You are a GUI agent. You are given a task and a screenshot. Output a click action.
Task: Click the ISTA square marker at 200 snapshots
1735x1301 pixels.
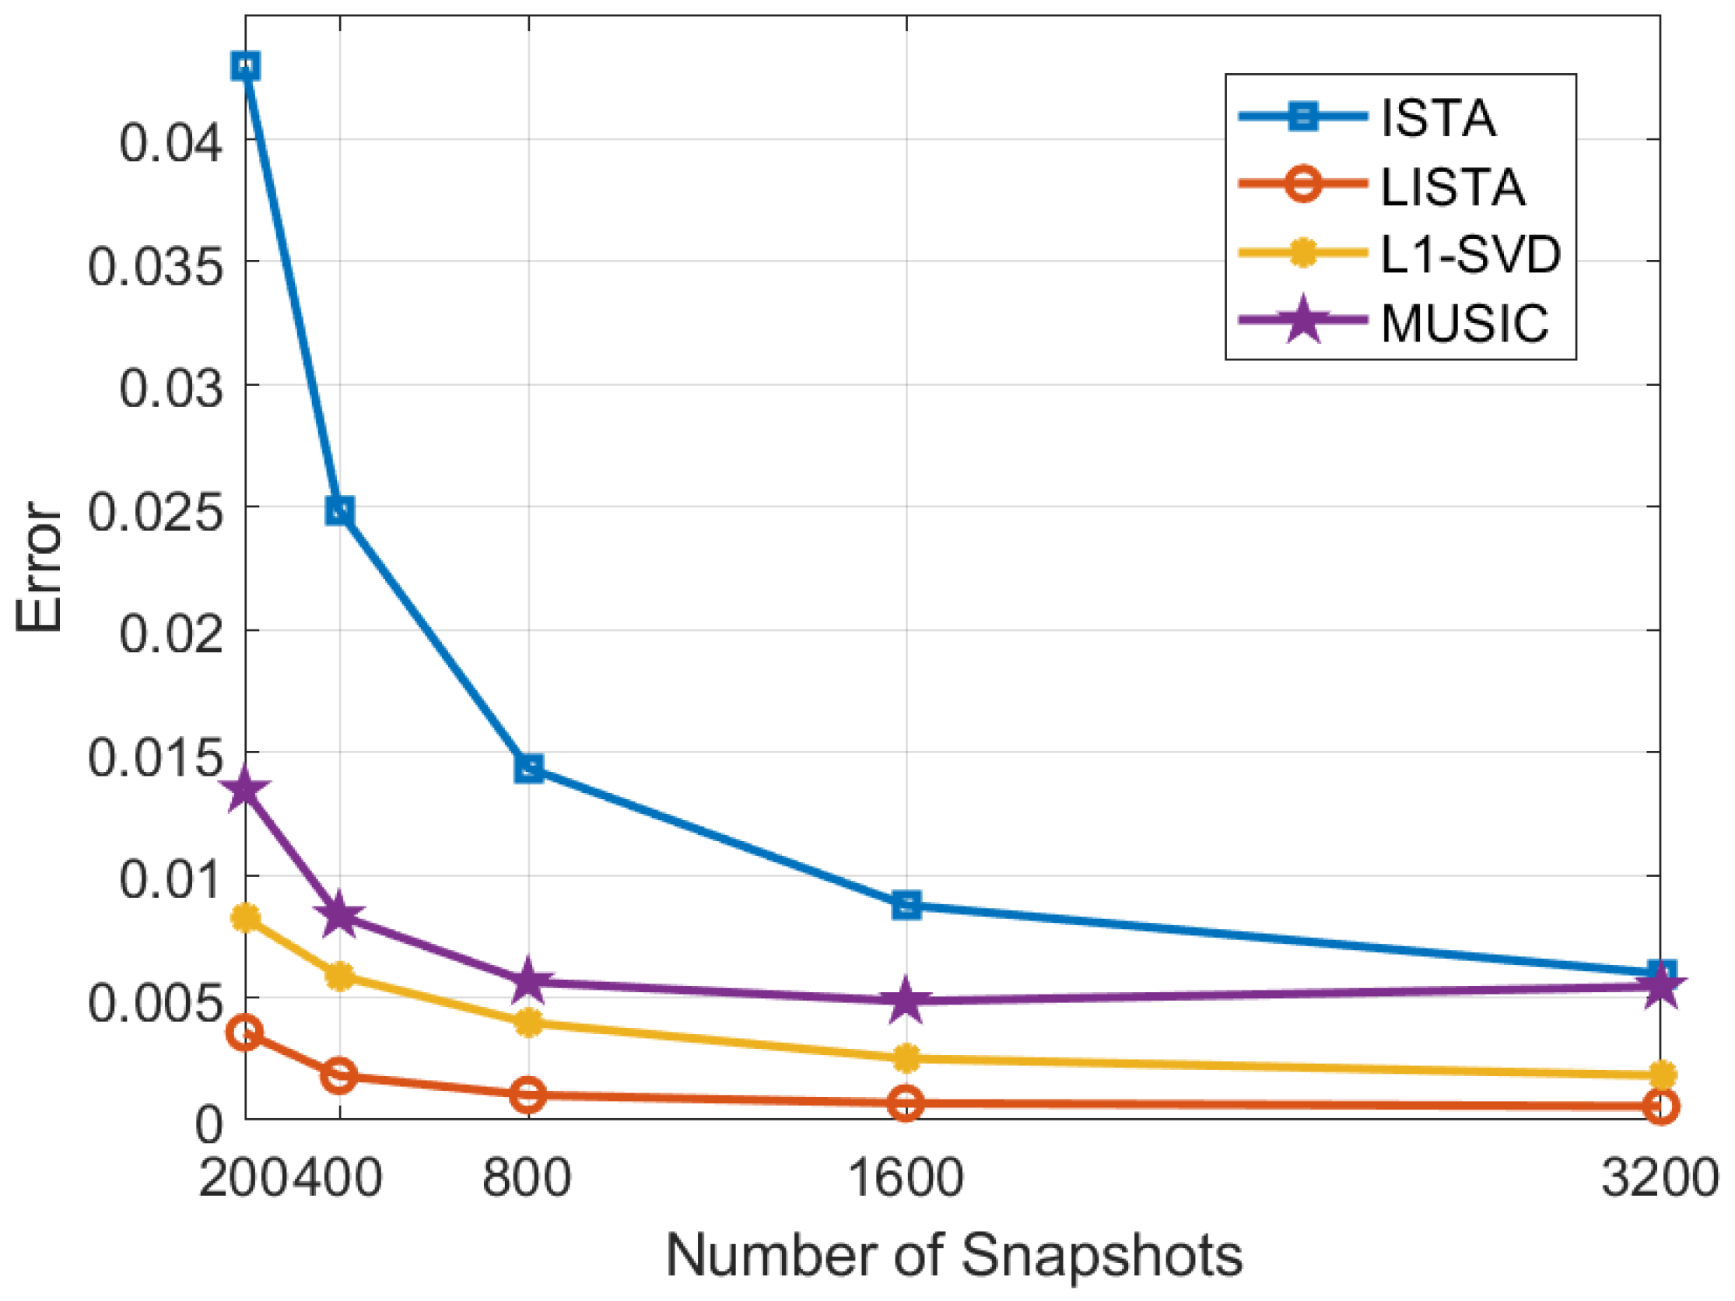[246, 67]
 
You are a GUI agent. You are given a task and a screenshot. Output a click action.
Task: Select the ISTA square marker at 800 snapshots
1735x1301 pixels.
[528, 768]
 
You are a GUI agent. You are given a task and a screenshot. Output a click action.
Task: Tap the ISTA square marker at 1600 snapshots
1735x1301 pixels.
[906, 905]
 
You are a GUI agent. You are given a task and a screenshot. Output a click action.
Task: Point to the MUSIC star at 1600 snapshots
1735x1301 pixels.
[906, 1000]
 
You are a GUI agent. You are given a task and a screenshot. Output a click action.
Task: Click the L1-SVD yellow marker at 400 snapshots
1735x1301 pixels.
[339, 977]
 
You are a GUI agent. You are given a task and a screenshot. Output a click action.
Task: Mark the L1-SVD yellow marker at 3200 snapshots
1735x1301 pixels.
[1660, 1075]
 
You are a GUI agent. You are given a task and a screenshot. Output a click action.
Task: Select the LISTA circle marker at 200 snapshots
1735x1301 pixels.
[245, 1033]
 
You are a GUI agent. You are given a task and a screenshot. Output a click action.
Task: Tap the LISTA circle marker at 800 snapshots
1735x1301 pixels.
[528, 1095]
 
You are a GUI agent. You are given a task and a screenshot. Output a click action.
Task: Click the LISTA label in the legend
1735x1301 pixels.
[1453, 188]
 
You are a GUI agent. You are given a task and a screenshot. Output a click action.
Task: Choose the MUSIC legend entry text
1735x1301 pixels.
[1464, 322]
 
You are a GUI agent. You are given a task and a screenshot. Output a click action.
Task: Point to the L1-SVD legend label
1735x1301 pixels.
[1470, 254]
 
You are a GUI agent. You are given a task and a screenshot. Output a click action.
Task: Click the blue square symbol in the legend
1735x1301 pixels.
[1303, 117]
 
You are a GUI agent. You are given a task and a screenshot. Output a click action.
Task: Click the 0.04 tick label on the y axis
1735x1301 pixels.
[170, 143]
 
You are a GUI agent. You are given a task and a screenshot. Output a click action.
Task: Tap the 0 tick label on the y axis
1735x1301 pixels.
[209, 1124]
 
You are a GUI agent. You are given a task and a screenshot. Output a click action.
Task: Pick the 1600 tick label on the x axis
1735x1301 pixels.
[906, 1177]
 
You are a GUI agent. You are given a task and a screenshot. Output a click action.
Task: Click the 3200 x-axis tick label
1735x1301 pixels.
[1660, 1177]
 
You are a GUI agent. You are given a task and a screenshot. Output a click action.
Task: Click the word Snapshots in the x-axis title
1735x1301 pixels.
[1102, 1256]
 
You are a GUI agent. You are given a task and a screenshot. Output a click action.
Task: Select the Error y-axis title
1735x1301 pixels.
[39, 566]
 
